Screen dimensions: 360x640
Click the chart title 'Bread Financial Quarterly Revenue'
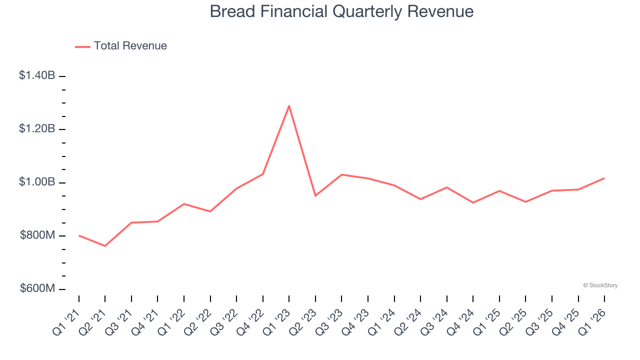(341, 11)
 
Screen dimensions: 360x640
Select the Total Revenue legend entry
(121, 46)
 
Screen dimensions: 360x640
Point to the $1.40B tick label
(37, 75)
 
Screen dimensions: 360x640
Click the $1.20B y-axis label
(37, 128)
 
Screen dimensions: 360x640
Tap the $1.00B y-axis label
(37, 182)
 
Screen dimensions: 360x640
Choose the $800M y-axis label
(37, 235)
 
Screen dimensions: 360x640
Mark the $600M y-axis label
(37, 288)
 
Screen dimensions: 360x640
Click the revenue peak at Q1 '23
(289, 105)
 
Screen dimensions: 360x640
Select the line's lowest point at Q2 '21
(105, 246)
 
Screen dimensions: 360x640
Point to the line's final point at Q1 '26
(604, 178)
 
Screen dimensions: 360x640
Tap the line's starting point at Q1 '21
(79, 235)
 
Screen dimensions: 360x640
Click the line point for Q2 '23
(315, 195)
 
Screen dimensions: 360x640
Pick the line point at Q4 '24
(473, 202)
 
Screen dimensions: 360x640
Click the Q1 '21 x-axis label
(65, 321)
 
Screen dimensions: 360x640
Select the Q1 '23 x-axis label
(275, 321)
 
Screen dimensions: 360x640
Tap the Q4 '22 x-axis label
(249, 321)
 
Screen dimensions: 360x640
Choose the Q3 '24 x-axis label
(433, 321)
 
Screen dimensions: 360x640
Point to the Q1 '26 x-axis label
(591, 321)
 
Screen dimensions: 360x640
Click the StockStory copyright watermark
(600, 285)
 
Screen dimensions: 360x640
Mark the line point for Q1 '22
(184, 203)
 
